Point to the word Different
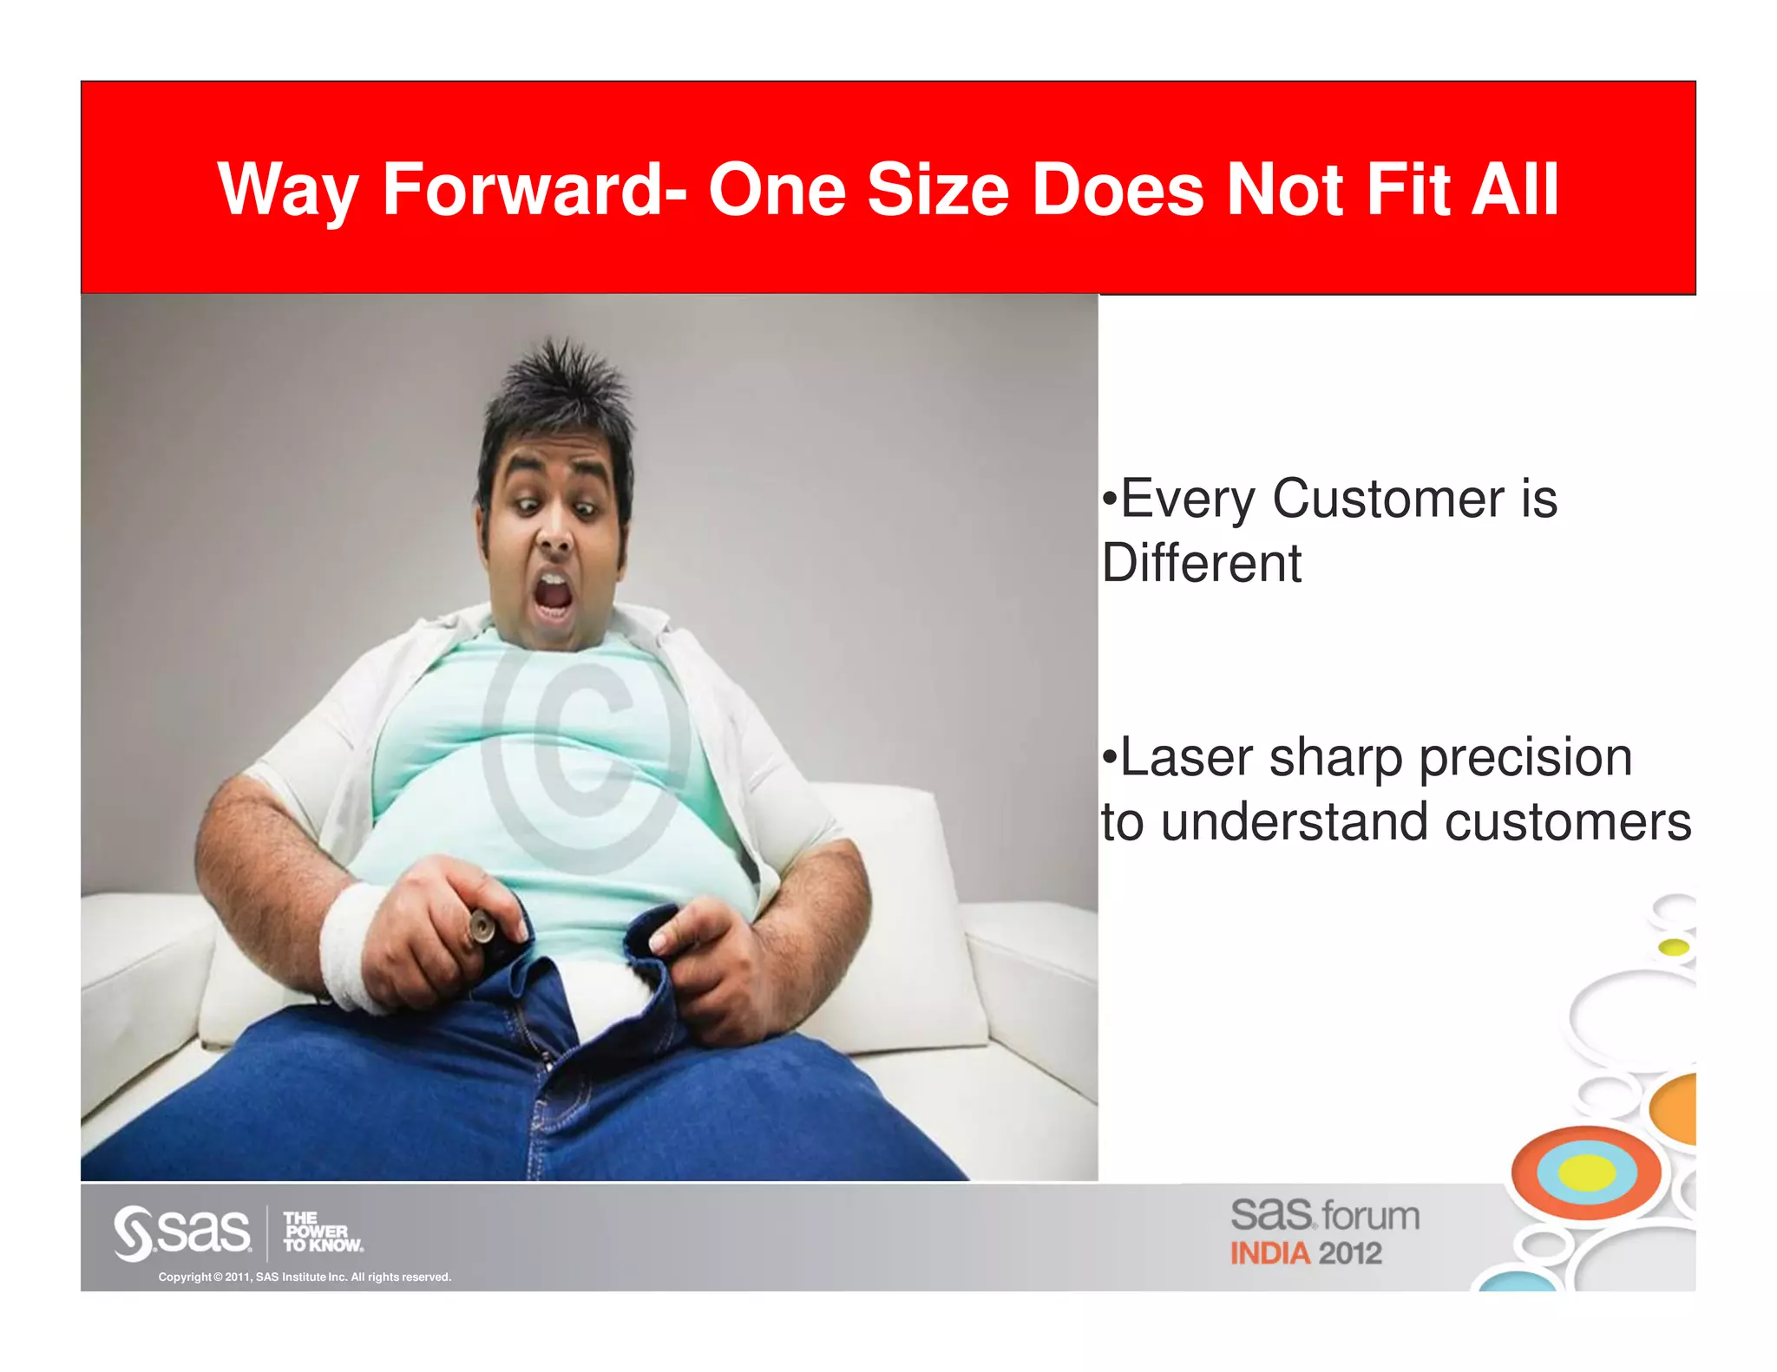point(1201,564)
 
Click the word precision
point(1525,757)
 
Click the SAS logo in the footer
point(182,1232)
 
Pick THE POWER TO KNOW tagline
point(321,1232)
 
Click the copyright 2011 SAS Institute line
point(305,1277)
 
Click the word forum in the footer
point(1371,1216)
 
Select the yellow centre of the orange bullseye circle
point(1587,1173)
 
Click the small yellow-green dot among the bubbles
point(1674,947)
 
